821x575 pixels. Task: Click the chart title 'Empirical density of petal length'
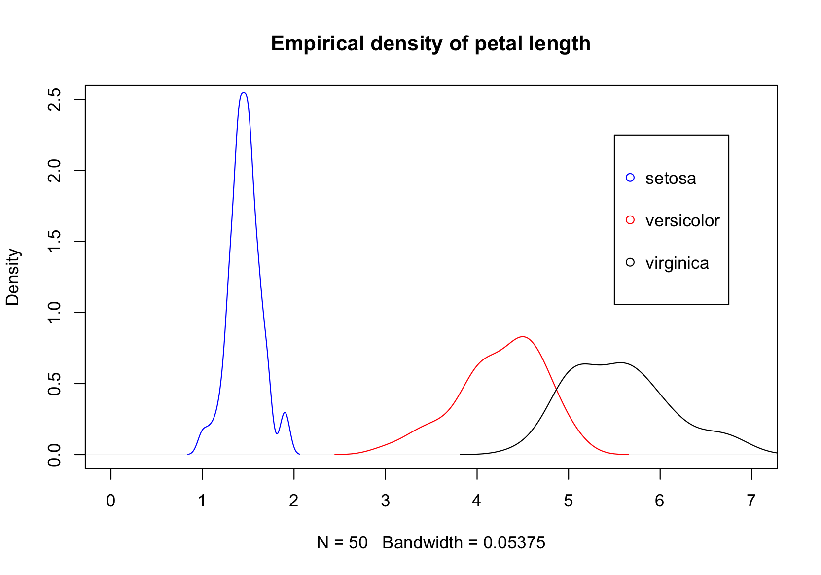click(x=430, y=44)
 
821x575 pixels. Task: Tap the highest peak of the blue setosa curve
click(x=244, y=93)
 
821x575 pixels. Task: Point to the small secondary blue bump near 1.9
click(x=285, y=413)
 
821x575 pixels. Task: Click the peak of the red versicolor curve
click(x=523, y=337)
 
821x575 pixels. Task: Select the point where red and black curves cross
click(x=556, y=390)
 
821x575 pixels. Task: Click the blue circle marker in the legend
click(x=630, y=178)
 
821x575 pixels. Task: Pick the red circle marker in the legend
click(x=630, y=220)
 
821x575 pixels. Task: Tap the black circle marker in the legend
click(x=630, y=262)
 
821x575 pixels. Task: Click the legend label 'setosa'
click(x=671, y=179)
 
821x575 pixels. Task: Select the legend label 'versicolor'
click(x=682, y=221)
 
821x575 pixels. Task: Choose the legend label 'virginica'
click(x=677, y=263)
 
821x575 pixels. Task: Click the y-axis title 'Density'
click(x=13, y=277)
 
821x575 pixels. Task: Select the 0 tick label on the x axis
click(x=111, y=501)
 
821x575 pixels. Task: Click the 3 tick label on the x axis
click(x=386, y=501)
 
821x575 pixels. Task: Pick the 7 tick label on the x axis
click(x=751, y=501)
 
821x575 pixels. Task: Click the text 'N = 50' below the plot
click(x=342, y=543)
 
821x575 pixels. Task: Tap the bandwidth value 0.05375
click(x=514, y=543)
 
